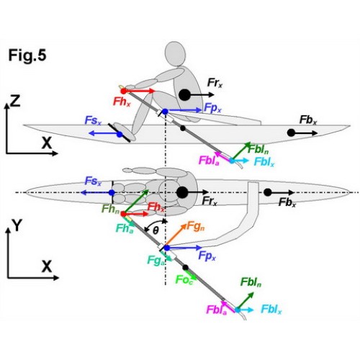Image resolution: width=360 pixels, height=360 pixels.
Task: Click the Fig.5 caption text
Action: pyautogui.click(x=27, y=55)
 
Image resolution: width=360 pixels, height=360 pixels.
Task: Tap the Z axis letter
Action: pyautogui.click(x=15, y=102)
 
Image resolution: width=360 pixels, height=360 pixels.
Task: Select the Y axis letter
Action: pyautogui.click(x=17, y=226)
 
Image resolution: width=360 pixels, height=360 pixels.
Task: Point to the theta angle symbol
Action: pyautogui.click(x=156, y=230)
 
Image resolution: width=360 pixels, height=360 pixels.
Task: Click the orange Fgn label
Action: pyautogui.click(x=196, y=226)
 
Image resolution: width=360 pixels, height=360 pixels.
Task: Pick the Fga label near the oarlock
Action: pyautogui.click(x=156, y=261)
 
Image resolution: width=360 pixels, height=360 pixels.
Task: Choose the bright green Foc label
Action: pyautogui.click(x=184, y=279)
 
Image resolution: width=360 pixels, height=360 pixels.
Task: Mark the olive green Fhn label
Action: pyautogui.click(x=110, y=209)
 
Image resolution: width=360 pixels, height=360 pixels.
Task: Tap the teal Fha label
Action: pyautogui.click(x=125, y=228)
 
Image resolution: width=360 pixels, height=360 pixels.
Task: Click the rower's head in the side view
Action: pyautogui.click(x=176, y=54)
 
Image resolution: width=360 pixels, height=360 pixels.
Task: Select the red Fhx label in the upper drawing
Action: pyautogui.click(x=122, y=102)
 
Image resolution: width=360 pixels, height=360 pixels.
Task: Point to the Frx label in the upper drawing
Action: pyautogui.click(x=215, y=83)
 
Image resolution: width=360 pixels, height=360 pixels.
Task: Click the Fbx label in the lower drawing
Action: pyautogui.click(x=287, y=203)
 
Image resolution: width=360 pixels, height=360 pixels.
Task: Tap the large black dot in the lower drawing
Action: pyautogui.click(x=182, y=192)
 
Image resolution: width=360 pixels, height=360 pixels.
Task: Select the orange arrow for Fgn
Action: pyautogui.click(x=176, y=235)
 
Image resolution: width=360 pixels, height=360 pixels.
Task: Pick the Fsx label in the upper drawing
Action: pyautogui.click(x=93, y=121)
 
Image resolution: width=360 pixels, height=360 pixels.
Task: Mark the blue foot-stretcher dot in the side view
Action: pyautogui.click(x=120, y=135)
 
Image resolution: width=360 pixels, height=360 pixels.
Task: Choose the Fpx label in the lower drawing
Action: pyautogui.click(x=207, y=256)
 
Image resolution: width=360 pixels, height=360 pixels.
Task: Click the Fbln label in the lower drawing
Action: pyautogui.click(x=251, y=282)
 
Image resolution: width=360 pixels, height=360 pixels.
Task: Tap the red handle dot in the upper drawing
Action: pyautogui.click(x=123, y=91)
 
